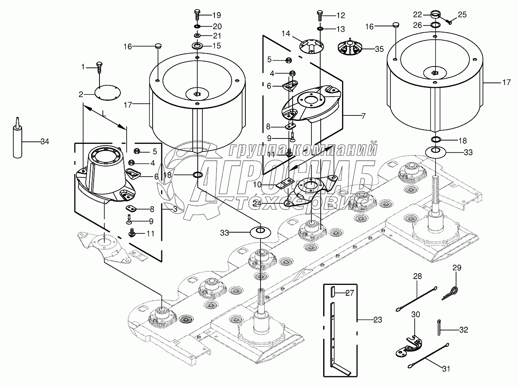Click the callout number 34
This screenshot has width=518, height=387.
point(44,142)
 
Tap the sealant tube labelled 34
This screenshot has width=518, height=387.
point(18,140)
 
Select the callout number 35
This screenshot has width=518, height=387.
point(379,49)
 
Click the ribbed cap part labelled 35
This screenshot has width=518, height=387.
point(349,47)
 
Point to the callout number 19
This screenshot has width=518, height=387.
point(216,15)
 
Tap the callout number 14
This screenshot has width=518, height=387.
point(286,33)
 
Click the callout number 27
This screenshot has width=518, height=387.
point(350,293)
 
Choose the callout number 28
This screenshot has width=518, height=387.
point(418,277)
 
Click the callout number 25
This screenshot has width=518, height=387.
point(462,15)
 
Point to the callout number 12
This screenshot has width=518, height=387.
point(340,15)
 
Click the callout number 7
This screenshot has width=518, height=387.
point(363,116)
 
